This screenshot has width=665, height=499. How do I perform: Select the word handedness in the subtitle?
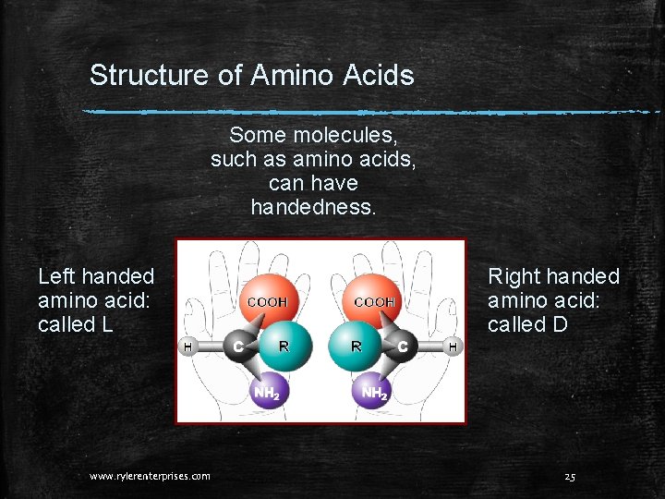[314, 207]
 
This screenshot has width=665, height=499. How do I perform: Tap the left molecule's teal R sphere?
[283, 347]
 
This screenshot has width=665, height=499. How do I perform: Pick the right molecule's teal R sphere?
[356, 347]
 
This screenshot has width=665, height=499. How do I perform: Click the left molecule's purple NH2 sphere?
[267, 392]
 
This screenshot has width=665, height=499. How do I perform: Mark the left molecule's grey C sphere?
[239, 347]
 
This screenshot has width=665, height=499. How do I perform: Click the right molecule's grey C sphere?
[403, 347]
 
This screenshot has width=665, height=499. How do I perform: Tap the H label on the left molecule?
[187, 347]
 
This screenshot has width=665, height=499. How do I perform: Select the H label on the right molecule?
[453, 347]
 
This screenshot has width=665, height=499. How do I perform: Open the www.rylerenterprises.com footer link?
[150, 476]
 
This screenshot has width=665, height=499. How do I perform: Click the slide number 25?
[570, 476]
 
